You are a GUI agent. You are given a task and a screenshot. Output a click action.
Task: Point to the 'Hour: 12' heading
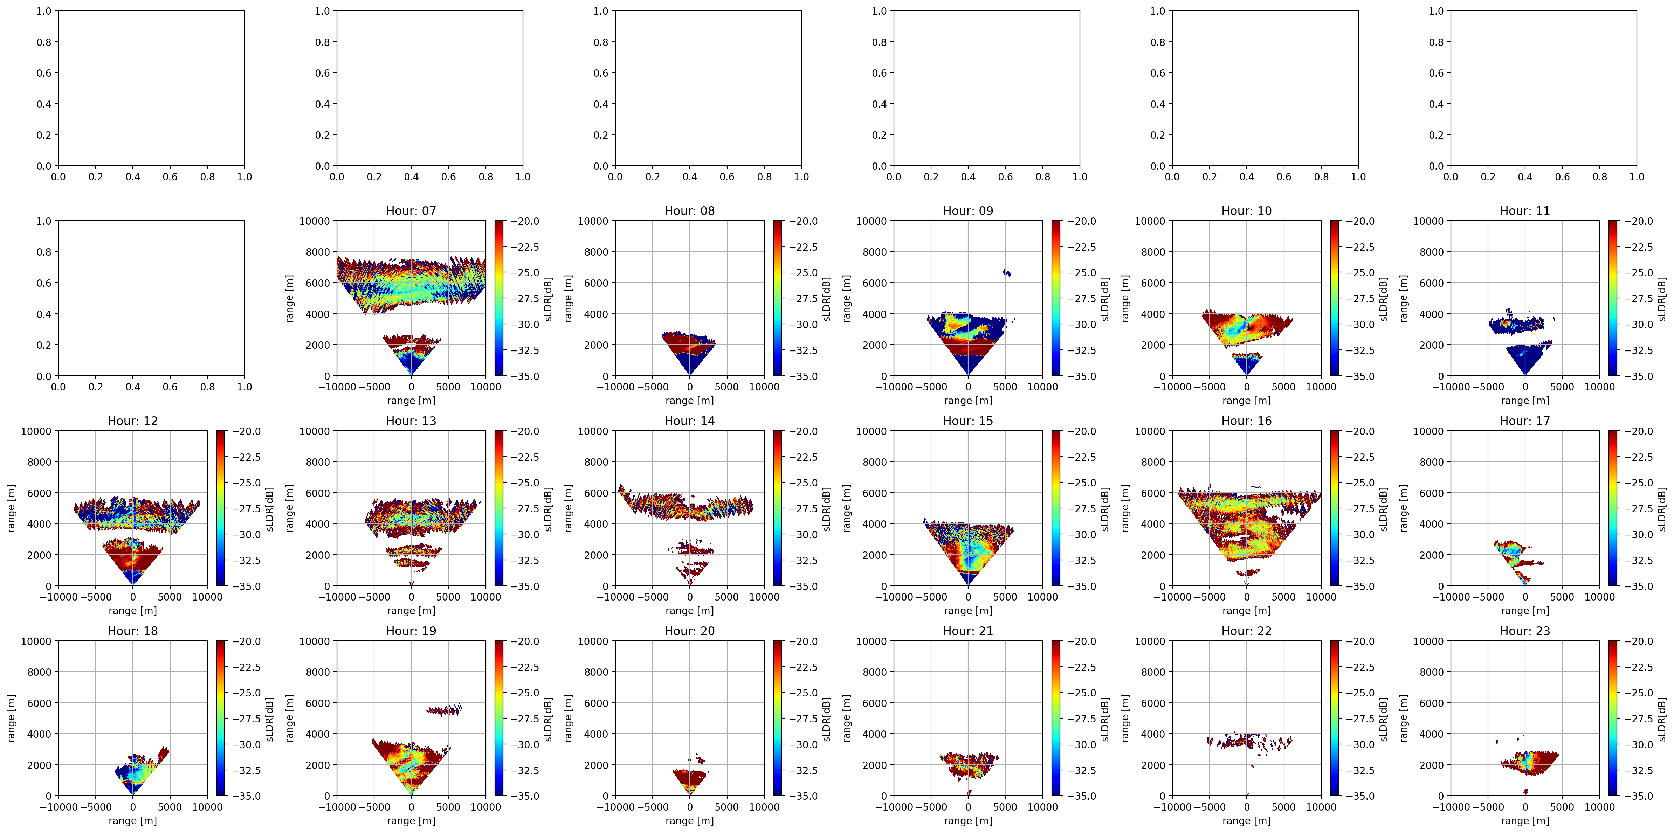click(132, 421)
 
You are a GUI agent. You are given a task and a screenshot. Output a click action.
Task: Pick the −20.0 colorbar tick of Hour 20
click(803, 641)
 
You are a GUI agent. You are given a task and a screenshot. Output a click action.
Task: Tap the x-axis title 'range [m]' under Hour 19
click(411, 821)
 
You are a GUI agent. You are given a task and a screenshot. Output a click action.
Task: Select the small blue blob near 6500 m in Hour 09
click(1007, 273)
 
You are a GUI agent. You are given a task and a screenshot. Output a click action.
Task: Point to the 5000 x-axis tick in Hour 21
click(1005, 807)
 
